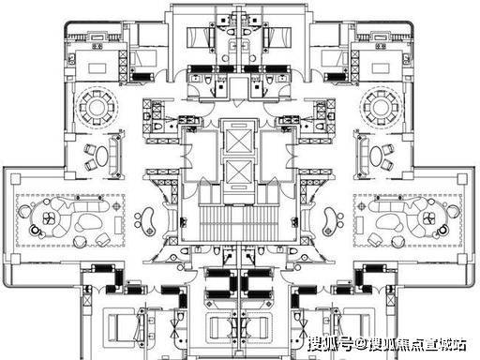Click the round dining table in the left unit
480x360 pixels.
coord(97,108)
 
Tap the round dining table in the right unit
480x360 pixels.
coord(381,108)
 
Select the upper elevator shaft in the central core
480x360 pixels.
coord(238,142)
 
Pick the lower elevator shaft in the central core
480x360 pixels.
coord(238,172)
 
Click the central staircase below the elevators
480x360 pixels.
coord(238,223)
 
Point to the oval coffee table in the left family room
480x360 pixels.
coord(102,157)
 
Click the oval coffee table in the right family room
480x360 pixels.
coord(375,157)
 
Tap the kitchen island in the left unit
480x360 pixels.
coord(97,67)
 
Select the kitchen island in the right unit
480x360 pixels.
coord(380,67)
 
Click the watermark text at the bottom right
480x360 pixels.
coord(387,345)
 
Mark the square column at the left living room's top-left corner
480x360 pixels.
coord(15,179)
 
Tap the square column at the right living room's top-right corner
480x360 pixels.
coord(462,179)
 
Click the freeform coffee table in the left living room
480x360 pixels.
coord(88,221)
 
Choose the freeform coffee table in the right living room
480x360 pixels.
coord(389,221)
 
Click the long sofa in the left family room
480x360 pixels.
coord(114,156)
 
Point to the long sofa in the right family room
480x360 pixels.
coord(363,156)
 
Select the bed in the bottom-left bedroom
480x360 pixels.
coord(123,327)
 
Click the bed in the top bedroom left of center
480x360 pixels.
coord(200,37)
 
